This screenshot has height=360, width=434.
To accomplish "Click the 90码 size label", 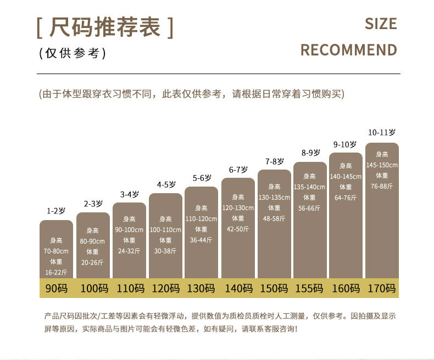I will [56, 288].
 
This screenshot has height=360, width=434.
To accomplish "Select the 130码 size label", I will [201, 288].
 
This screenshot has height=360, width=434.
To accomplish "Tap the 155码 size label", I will [310, 288].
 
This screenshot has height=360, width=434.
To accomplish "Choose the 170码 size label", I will [382, 288].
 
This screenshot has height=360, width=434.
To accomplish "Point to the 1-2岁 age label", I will [56, 211].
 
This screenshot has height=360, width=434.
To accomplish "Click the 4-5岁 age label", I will [166, 184].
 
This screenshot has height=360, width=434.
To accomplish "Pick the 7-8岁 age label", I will [274, 161].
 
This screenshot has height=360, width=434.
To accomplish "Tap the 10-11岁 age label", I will [382, 132].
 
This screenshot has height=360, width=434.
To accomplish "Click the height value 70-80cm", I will [56, 251].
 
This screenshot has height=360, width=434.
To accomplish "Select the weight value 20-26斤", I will [92, 262].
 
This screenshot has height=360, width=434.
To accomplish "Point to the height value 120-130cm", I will [238, 208].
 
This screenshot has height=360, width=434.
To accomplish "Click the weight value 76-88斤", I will [382, 186].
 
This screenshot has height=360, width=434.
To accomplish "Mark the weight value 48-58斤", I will [274, 218].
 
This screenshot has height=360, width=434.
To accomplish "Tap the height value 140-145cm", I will [346, 176].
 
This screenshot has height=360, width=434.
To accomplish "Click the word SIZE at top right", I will [380, 24].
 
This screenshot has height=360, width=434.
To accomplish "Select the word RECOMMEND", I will [348, 50].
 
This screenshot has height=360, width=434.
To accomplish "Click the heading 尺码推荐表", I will [105, 27].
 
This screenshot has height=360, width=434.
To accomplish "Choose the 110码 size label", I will [129, 288].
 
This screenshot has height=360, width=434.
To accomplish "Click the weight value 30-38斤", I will [166, 251].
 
